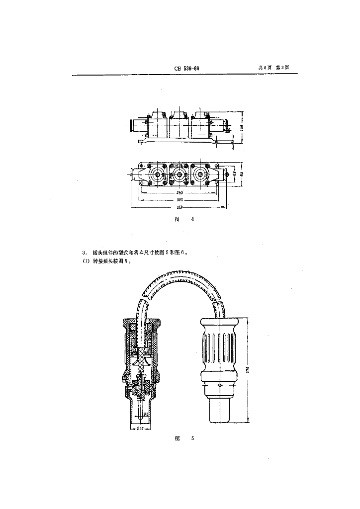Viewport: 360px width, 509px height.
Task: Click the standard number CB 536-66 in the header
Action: pos(187,69)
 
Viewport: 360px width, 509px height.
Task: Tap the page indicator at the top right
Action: pos(273,69)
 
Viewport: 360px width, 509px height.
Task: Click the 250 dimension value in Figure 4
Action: pos(180,192)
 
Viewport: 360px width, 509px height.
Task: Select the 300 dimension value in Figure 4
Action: pos(180,199)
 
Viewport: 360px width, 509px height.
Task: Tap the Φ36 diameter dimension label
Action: pos(140,428)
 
